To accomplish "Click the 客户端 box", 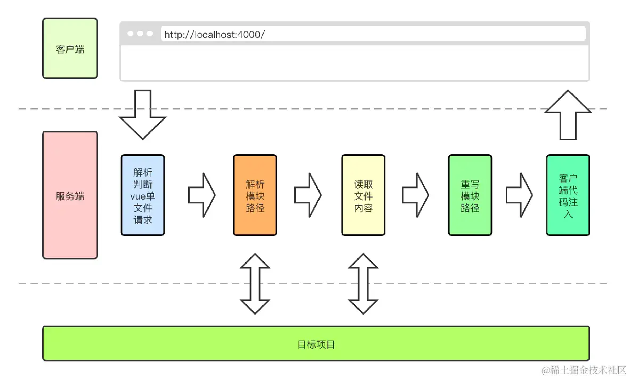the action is click(x=70, y=49).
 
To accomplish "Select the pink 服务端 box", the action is click(x=70, y=195).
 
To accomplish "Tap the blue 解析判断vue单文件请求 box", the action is click(x=143, y=195).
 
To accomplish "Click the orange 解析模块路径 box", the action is click(x=255, y=195).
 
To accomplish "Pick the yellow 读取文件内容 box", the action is click(x=363, y=195).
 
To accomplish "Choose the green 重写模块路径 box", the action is click(x=470, y=195).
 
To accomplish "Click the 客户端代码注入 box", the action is click(x=568, y=195).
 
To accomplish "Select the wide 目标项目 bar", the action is click(x=316, y=344).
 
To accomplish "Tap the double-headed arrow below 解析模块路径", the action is click(x=255, y=283).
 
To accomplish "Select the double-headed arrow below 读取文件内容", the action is click(x=364, y=283).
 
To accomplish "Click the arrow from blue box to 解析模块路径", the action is click(x=201, y=195).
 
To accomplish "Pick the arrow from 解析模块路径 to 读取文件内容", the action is click(x=308, y=195).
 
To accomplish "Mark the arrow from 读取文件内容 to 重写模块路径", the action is click(x=415, y=195).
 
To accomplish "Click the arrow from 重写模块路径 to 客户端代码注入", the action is click(x=519, y=195).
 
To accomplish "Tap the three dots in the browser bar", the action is click(x=140, y=34).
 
